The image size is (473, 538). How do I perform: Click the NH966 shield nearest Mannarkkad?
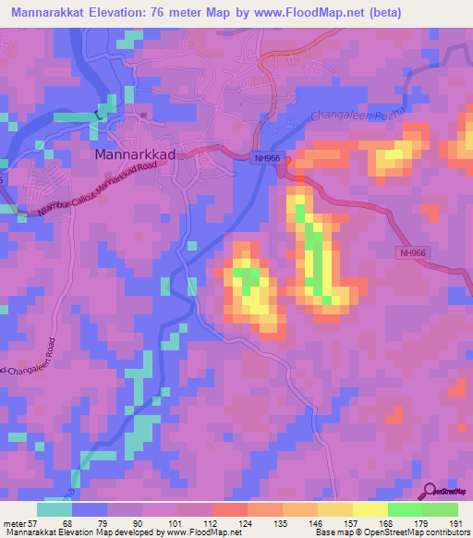pyautogui.click(x=266, y=158)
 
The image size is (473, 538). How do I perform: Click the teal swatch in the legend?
pyautogui.click(x=55, y=508)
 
